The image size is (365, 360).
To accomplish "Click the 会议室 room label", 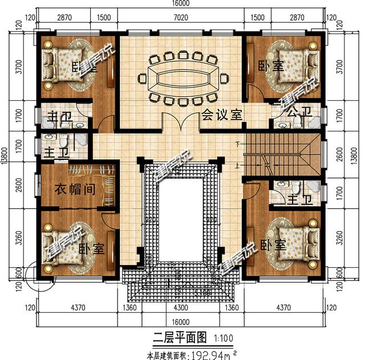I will point(222,114).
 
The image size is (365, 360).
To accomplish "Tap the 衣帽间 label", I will point(74,189).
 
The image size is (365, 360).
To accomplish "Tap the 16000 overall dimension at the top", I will point(181,4).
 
